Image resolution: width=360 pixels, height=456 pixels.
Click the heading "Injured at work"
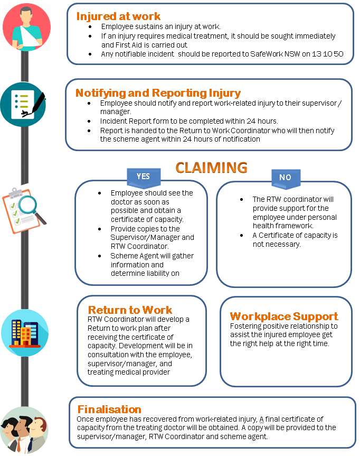(118, 16)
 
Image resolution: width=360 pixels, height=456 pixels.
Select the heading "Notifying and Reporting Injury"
(158, 93)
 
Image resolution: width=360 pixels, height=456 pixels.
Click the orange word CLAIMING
(211, 167)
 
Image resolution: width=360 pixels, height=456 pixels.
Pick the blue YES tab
(143, 177)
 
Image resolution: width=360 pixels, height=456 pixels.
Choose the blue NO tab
(285, 178)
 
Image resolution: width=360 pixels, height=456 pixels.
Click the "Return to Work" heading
(130, 310)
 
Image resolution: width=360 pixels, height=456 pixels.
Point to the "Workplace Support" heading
(284, 317)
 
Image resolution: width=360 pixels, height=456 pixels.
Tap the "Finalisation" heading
(109, 409)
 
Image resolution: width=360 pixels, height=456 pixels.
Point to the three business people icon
(23, 430)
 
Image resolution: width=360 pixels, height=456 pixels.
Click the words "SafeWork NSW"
(271, 54)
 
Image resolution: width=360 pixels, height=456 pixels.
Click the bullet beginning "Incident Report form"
(189, 122)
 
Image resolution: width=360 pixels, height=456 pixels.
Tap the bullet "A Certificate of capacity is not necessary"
(295, 239)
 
